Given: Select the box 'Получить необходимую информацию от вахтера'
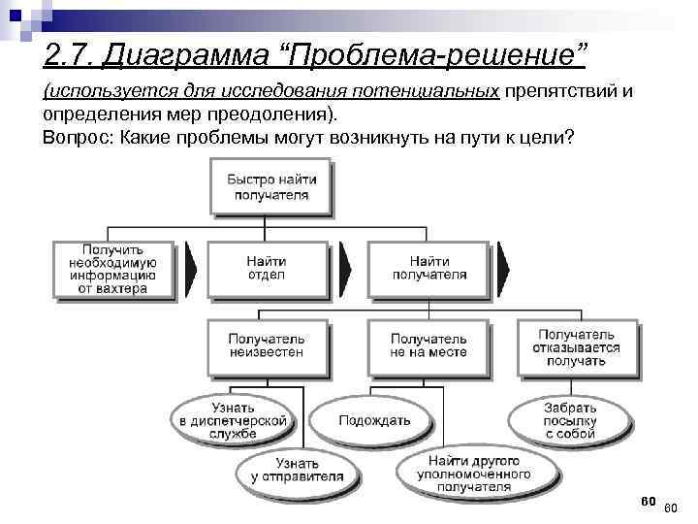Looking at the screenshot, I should click(x=113, y=269).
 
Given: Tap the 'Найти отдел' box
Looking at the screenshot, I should click(x=266, y=268).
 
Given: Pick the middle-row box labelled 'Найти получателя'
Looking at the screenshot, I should click(x=428, y=268).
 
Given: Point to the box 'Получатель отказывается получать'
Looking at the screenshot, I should click(x=577, y=346).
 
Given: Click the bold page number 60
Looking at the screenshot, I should click(x=649, y=501).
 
